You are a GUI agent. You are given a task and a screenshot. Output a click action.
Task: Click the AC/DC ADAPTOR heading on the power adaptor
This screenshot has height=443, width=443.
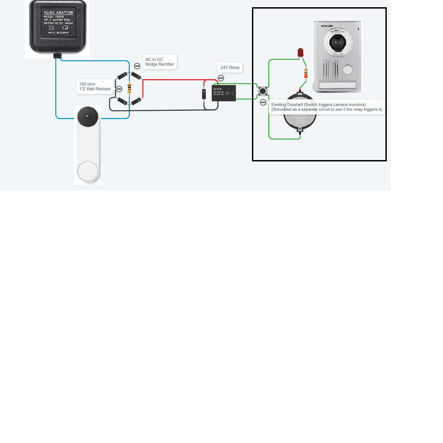pyautogui.click(x=58, y=12)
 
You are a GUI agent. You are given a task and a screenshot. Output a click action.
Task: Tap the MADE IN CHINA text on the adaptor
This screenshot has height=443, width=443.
pyautogui.click(x=58, y=33)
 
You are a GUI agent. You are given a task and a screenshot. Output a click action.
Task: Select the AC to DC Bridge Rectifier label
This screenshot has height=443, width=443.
pyautogui.click(x=159, y=62)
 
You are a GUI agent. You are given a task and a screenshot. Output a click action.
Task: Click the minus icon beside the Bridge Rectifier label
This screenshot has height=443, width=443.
pyautogui.click(x=137, y=66)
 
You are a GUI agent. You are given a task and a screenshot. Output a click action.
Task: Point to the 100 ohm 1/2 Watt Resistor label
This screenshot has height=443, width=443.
pyautogui.click(x=95, y=86)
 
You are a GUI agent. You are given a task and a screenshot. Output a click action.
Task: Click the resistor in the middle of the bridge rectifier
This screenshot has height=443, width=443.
pyautogui.click(x=129, y=89)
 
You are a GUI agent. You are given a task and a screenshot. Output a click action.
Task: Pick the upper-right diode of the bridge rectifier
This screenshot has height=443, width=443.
pyautogui.click(x=136, y=76)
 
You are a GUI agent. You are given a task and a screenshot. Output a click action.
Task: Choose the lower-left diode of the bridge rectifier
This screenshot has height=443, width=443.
pyautogui.click(x=122, y=101)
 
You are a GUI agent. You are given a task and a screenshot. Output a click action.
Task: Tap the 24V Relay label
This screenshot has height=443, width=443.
pyautogui.click(x=230, y=68)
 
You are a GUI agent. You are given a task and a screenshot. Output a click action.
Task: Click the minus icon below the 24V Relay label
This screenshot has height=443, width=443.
pyautogui.click(x=221, y=78)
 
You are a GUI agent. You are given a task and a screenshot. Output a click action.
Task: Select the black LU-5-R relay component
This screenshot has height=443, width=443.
pyautogui.click(x=224, y=93)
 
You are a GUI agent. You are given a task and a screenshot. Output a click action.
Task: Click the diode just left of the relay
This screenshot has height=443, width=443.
pyautogui.click(x=204, y=94)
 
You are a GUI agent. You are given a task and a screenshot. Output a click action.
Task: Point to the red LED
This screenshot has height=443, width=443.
pyautogui.click(x=300, y=52)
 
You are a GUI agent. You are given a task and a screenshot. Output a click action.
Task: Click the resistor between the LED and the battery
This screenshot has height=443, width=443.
pyautogui.click(x=306, y=73)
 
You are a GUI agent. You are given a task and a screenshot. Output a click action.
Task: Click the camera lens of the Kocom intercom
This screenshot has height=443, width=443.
pyautogui.click(x=338, y=42)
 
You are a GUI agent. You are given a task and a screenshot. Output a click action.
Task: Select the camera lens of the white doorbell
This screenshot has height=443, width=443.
pyautogui.click(x=88, y=116)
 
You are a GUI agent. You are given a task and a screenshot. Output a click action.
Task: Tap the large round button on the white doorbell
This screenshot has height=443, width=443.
pyautogui.click(x=88, y=171)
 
